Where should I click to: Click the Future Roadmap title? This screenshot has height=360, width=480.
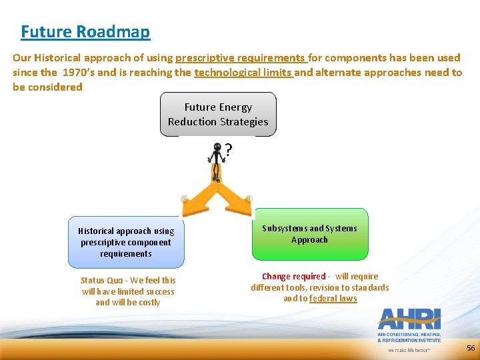click(85, 31)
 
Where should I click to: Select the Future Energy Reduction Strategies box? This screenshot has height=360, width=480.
click(218, 115)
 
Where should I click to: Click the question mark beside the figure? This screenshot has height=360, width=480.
click(229, 151)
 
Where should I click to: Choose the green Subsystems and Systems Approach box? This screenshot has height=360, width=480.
click(309, 235)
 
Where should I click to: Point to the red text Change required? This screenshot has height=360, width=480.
click(293, 277)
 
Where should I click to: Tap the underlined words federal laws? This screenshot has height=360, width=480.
click(333, 299)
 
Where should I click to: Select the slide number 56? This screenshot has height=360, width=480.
click(471, 348)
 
